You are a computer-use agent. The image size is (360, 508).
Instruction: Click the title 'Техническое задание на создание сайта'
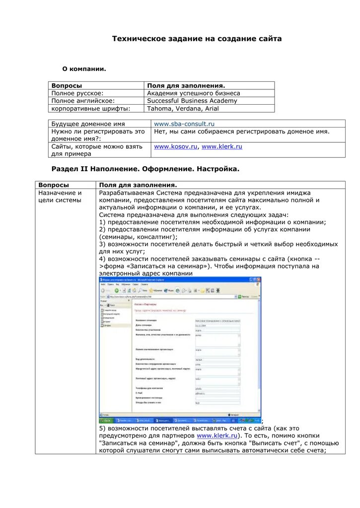tap(197, 39)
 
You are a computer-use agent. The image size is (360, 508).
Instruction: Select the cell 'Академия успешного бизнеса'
tap(193, 93)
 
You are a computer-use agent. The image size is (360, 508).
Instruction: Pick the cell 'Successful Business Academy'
tap(192, 101)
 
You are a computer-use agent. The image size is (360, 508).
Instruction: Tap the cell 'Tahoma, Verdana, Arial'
tap(183, 109)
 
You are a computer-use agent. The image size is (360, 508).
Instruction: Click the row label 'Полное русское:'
tap(77, 93)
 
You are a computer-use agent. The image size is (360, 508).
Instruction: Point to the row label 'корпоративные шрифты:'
tap(91, 109)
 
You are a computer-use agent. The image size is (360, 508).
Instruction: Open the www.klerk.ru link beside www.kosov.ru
tap(221, 147)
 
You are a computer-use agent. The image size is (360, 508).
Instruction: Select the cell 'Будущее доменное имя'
tap(88, 124)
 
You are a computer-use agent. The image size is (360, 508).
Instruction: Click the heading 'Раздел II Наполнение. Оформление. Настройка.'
tap(145, 169)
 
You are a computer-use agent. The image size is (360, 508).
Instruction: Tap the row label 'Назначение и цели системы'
tap(60, 196)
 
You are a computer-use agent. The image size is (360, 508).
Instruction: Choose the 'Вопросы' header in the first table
tap(67, 86)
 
